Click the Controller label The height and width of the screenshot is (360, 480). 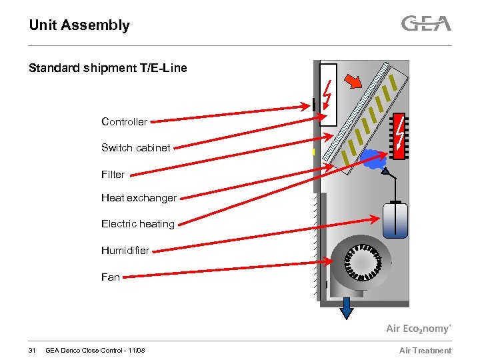pos(124,121)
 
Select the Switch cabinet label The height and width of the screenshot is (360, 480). pos(135,147)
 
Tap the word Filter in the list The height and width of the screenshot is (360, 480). pos(113,174)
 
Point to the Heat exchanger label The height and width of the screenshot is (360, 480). pos(139,198)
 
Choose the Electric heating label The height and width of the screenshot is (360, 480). pos(137,224)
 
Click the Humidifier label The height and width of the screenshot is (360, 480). pos(125,251)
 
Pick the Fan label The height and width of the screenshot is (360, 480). pos(111,277)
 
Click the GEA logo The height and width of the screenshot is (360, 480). pos(426,24)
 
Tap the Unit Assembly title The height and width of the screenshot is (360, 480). pos(79,25)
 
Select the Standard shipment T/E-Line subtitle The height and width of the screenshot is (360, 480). pos(108,68)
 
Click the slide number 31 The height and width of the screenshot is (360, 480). pos(32,351)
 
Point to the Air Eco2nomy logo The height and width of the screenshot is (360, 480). pos(419,328)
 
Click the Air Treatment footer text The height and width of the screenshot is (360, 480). pos(425,351)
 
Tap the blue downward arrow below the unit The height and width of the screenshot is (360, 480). pos(346,309)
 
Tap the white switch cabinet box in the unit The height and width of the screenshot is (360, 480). pos(328,94)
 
